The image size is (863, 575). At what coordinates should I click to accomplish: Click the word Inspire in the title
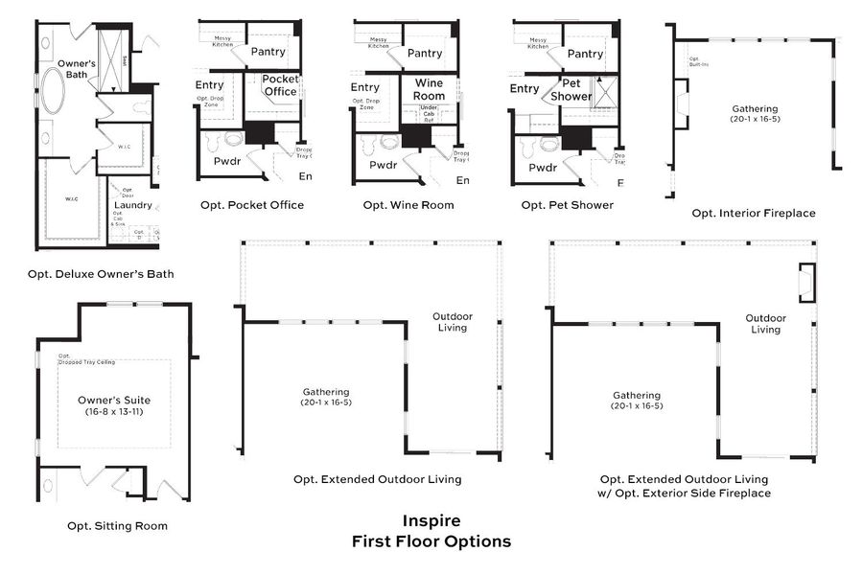[431, 521]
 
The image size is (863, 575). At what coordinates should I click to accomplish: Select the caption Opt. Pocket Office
[252, 205]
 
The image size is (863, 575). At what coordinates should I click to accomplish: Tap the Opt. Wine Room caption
[408, 205]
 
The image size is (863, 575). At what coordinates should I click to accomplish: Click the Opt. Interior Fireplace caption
[754, 213]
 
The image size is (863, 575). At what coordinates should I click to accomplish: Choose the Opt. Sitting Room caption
[117, 525]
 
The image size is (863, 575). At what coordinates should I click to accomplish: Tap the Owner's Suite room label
[114, 400]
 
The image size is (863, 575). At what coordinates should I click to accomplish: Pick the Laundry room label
[132, 205]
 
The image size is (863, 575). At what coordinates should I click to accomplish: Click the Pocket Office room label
[280, 85]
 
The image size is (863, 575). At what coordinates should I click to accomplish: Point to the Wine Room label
[429, 89]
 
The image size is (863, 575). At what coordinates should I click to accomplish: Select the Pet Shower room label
[571, 89]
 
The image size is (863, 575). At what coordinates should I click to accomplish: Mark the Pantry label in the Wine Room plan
[425, 54]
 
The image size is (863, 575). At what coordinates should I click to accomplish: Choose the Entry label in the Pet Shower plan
[525, 89]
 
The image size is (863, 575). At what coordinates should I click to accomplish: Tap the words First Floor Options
[431, 541]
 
